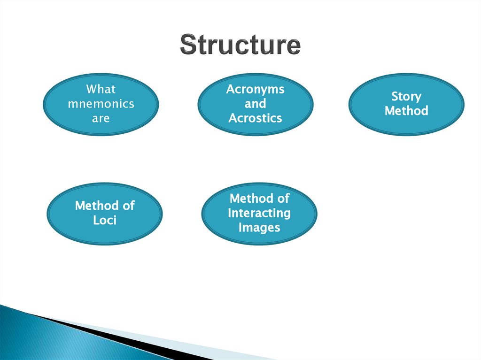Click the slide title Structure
[x=240, y=45]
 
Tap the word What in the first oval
[x=101, y=89]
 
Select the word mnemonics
[x=101, y=104]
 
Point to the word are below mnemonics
[x=101, y=118]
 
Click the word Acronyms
[x=256, y=89]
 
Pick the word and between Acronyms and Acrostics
[x=256, y=103]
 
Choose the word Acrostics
[x=256, y=118]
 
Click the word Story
[x=406, y=96]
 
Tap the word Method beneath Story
[x=406, y=111]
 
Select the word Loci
[x=105, y=220]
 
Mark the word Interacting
[x=259, y=213]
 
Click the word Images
[x=259, y=228]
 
